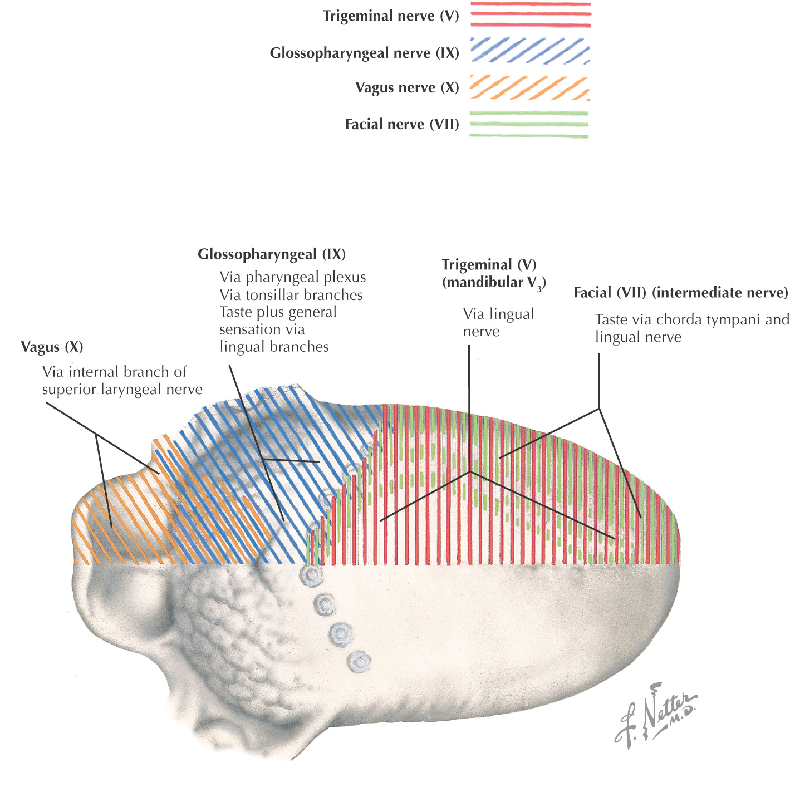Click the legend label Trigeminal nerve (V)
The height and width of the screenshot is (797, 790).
pyautogui.click(x=391, y=16)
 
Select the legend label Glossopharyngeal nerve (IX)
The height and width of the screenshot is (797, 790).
pyautogui.click(x=364, y=53)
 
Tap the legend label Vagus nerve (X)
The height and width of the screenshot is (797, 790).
pyautogui.click(x=407, y=88)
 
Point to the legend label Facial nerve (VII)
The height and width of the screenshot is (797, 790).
pyautogui.click(x=402, y=124)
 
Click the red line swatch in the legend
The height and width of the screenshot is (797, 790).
pyautogui.click(x=530, y=14)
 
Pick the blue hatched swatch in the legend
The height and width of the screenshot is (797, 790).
pyautogui.click(x=530, y=51)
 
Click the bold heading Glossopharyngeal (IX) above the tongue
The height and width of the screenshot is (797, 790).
pyautogui.click(x=272, y=255)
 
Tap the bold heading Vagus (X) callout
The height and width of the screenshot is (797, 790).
pyautogui.click(x=52, y=347)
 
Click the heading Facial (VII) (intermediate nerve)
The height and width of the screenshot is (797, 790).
pyautogui.click(x=681, y=293)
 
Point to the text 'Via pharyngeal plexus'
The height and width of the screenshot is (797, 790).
pyautogui.click(x=293, y=277)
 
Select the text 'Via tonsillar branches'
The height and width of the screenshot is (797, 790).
pyautogui.click(x=291, y=295)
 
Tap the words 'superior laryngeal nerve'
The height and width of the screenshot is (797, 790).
pyautogui.click(x=122, y=390)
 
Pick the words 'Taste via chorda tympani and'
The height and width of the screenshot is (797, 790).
pyautogui.click(x=692, y=320)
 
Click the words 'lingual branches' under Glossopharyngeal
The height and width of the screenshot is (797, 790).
pyautogui.click(x=274, y=347)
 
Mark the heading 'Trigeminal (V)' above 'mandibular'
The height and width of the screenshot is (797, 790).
pyautogui.click(x=489, y=265)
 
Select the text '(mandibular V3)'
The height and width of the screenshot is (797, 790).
pyautogui.click(x=494, y=283)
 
